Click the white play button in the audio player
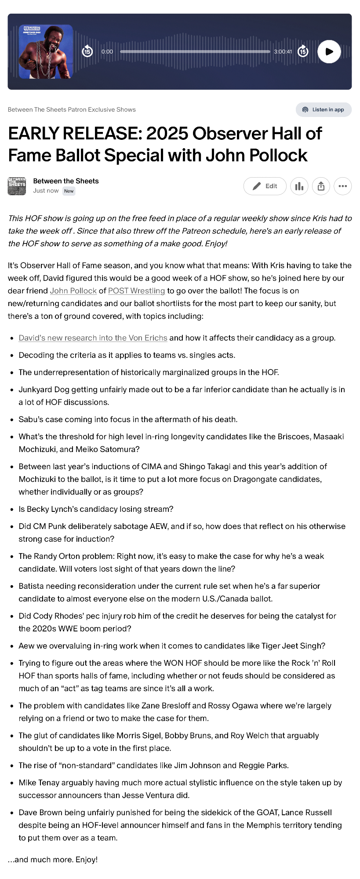(329, 51)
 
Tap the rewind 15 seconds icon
(87, 51)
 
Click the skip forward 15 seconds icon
(303, 51)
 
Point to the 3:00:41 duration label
(283, 51)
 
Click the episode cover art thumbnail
(46, 52)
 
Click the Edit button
(265, 186)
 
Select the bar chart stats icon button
(299, 186)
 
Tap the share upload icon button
(321, 186)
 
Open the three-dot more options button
(342, 186)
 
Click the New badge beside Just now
(69, 191)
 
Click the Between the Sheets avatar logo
(17, 186)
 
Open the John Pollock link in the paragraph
(73, 291)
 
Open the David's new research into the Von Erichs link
(93, 338)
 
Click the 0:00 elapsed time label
(107, 51)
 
